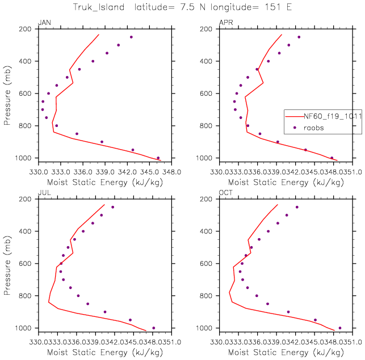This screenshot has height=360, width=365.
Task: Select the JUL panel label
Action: [43, 193]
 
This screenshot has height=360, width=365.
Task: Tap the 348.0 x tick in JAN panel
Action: [171, 171]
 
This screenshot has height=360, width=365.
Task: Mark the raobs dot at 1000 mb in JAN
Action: [158, 158]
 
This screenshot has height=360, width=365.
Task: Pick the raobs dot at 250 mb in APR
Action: [299, 37]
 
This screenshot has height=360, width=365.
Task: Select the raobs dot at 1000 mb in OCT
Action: [340, 328]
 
